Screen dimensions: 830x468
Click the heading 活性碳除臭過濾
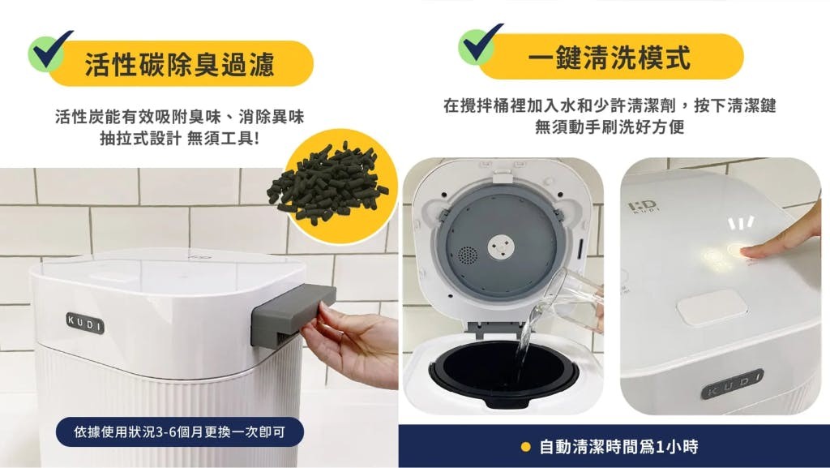click(179, 64)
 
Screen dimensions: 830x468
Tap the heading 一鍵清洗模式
click(610, 57)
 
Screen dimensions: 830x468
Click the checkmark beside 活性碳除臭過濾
click(49, 50)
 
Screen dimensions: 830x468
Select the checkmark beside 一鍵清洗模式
click(480, 44)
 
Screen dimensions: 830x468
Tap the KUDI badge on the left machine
click(85, 323)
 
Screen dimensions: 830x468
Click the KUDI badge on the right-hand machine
click(732, 384)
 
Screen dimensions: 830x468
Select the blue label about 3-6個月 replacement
click(179, 432)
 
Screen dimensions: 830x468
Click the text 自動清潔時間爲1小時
click(618, 447)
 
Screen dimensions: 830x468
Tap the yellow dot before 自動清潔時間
click(525, 447)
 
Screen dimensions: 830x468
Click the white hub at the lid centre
click(500, 245)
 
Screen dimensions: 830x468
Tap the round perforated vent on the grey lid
click(467, 255)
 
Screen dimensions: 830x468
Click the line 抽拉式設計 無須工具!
click(180, 139)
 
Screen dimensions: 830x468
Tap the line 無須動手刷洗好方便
click(610, 127)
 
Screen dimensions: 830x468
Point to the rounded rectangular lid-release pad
click(712, 308)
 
